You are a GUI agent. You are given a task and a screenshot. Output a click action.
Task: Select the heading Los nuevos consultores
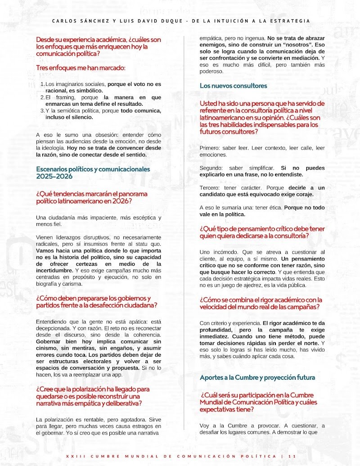coord(233,85)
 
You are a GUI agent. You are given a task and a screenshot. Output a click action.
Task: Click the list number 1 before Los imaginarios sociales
coord(42,84)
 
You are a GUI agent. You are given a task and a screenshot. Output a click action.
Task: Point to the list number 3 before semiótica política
coord(42,111)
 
